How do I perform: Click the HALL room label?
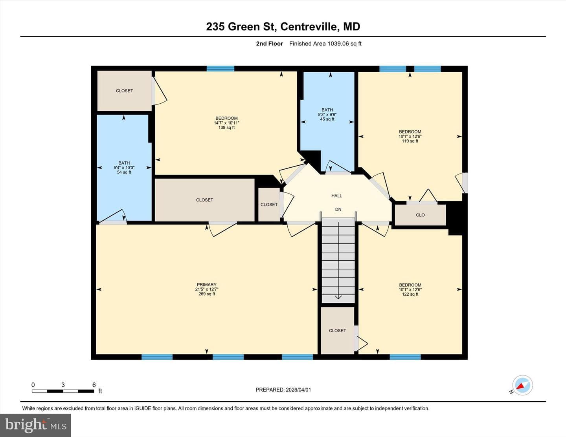pos(336,196)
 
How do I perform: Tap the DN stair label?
pos(338,209)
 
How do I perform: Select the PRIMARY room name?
pos(207,285)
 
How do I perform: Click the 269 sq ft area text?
pos(207,294)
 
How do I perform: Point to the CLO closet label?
pos(420,215)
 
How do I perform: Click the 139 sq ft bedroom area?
pos(226,128)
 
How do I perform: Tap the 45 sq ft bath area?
pos(327,119)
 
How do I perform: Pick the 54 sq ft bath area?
pos(124,172)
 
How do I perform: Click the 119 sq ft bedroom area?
pos(410,141)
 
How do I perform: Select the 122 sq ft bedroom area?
pos(410,294)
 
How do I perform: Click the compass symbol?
pos(522,385)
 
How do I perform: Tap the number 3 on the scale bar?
pos(63,385)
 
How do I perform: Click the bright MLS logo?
pos(35,425)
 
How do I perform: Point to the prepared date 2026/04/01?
pos(298,389)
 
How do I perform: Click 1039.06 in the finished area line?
pos(338,44)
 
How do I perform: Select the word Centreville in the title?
pos(309,27)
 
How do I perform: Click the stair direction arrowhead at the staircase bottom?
pos(338,297)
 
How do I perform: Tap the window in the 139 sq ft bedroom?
pos(221,68)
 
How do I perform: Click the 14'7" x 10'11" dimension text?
pos(226,123)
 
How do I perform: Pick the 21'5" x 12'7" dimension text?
pos(207,289)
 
